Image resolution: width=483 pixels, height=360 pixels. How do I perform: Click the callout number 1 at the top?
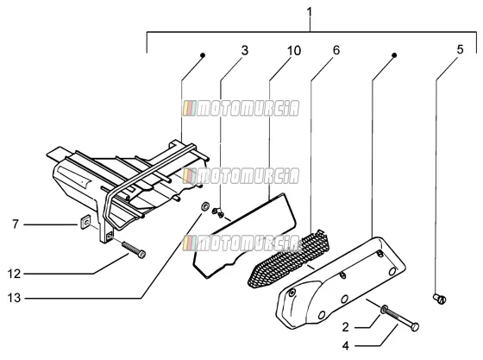tap(310, 12)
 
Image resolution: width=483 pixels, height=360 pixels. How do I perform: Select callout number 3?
tap(245, 51)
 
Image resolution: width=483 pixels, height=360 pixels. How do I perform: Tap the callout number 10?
tap(294, 51)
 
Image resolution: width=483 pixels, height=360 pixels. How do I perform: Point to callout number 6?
tap(336, 50)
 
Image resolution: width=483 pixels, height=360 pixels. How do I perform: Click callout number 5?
tap(460, 49)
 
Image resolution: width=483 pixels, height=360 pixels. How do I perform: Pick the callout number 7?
tap(16, 224)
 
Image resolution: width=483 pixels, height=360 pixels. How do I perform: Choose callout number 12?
tap(14, 274)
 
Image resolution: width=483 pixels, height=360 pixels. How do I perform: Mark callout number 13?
tap(14, 298)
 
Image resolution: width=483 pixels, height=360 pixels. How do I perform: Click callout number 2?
tap(346, 327)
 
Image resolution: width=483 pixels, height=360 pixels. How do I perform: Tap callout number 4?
tap(346, 346)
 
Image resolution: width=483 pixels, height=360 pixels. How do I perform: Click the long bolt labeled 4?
tap(401, 318)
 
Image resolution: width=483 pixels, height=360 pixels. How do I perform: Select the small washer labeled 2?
tap(384, 309)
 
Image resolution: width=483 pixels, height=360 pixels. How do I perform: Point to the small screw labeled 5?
tap(440, 299)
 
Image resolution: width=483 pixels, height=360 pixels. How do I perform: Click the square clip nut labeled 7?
tap(85, 222)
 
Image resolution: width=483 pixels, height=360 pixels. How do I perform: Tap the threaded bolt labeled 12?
tap(134, 249)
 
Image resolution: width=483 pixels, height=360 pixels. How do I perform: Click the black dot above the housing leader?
tap(203, 55)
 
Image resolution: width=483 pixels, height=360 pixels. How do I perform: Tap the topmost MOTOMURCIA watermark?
tap(241, 109)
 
